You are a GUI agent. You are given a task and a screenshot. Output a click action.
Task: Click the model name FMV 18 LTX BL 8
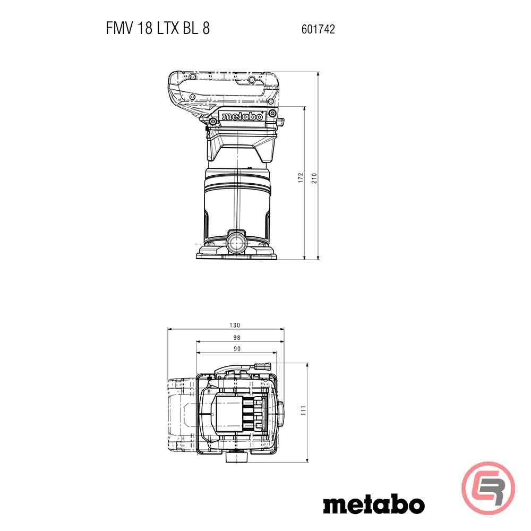158,29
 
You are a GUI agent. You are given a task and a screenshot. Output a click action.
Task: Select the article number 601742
318,30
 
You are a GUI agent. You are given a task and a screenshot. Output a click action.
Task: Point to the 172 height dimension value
301,178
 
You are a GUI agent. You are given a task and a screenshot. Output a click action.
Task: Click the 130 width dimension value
235,325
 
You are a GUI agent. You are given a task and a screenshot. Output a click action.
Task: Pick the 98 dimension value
237,337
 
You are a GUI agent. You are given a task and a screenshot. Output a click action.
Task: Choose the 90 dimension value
237,349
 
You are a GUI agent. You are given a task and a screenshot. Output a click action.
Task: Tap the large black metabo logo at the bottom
373,504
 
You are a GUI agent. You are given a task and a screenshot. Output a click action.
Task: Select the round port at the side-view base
236,242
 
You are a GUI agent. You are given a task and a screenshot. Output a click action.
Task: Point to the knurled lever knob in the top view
263,366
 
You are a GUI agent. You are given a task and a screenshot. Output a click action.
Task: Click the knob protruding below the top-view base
236,457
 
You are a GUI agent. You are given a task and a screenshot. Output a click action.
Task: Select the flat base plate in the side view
237,256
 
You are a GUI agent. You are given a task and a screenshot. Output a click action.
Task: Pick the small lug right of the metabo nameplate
279,123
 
